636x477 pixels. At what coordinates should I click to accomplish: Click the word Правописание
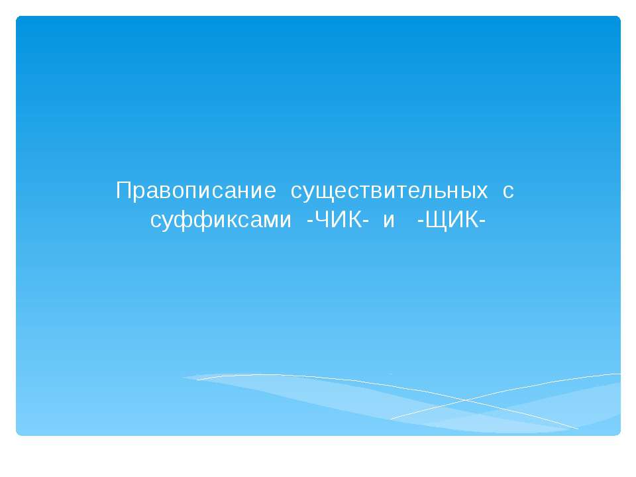pos(196,191)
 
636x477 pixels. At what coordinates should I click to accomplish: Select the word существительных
pos(390,191)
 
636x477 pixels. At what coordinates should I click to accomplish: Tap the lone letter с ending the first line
pos(508,191)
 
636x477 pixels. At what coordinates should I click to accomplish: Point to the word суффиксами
pos(221,221)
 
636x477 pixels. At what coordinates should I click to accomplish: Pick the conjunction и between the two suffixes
pos(389,221)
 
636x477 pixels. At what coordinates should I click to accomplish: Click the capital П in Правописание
pos(123,191)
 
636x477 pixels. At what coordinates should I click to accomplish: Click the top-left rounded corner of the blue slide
pos(19,19)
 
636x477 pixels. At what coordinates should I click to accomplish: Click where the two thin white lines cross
pos(466,400)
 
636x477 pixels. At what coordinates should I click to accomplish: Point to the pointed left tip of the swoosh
pos(184,378)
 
